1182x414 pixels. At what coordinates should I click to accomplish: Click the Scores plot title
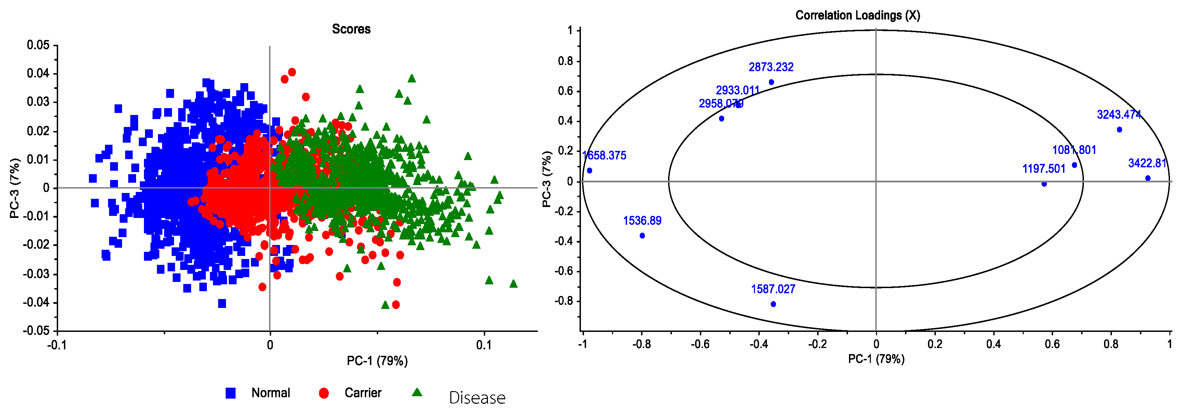[351, 29]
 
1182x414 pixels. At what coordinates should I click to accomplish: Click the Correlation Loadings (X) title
[857, 15]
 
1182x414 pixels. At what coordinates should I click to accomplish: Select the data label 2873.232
[771, 67]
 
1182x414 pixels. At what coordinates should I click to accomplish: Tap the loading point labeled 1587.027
[773, 304]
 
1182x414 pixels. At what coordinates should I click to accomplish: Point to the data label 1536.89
[642, 221]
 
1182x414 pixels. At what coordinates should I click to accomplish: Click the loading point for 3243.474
[1119, 129]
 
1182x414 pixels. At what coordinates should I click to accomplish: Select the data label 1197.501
[1044, 169]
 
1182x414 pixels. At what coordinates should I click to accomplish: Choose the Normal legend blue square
[231, 393]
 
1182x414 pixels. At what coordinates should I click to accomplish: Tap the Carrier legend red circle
[323, 393]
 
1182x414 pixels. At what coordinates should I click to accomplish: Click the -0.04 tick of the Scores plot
[36, 302]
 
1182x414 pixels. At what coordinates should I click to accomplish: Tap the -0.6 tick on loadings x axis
[700, 344]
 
